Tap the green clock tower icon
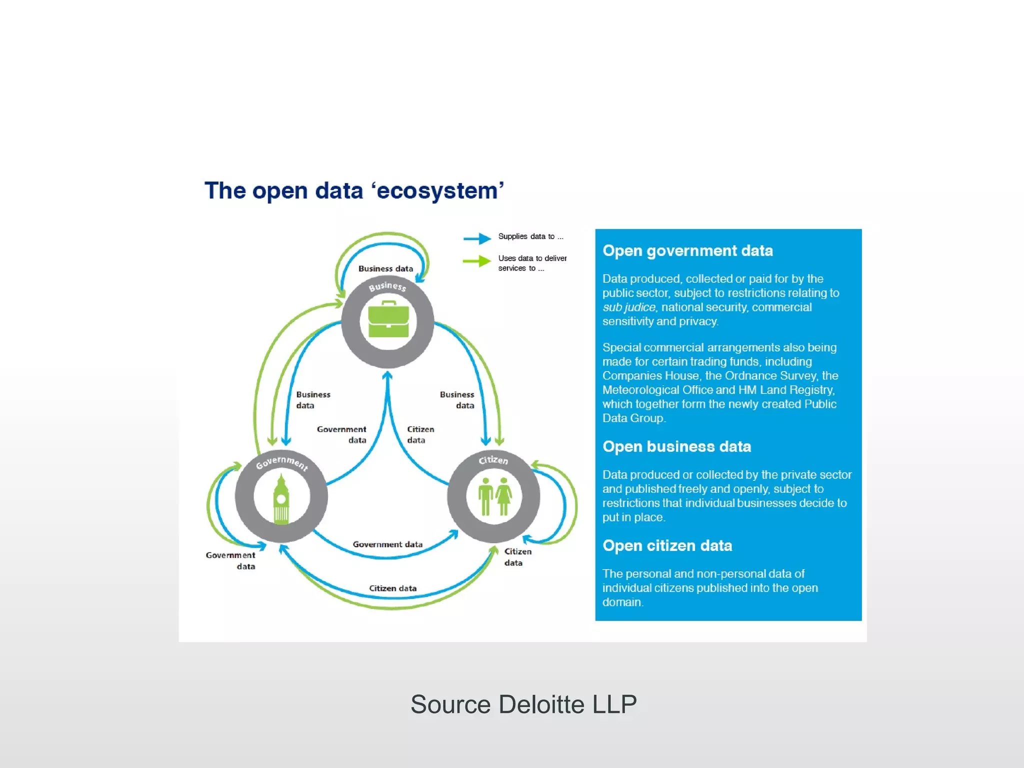tap(281, 500)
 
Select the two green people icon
tap(494, 496)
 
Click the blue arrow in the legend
tap(477, 238)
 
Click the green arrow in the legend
tap(477, 261)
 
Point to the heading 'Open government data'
tap(687, 250)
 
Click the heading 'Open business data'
tap(676, 446)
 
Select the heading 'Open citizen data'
tap(667, 545)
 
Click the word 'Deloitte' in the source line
tap(541, 704)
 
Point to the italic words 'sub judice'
tap(628, 307)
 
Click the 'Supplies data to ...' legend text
tap(530, 236)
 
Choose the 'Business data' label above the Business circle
tap(385, 268)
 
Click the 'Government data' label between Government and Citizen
tap(387, 544)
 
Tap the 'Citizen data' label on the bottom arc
tap(392, 588)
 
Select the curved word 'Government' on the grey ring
tap(281, 462)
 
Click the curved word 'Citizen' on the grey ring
tap(493, 459)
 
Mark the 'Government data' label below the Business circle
tap(342, 434)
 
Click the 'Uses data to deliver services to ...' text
tap(532, 263)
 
